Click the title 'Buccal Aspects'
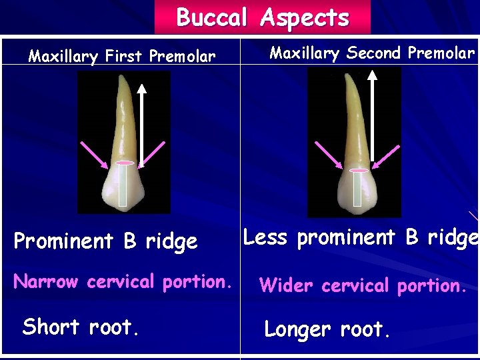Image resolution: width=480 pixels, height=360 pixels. click(262, 17)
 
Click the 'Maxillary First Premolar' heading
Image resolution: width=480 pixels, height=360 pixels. click(122, 57)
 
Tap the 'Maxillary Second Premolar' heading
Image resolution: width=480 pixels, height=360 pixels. click(372, 53)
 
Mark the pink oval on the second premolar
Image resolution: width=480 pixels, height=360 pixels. click(358, 171)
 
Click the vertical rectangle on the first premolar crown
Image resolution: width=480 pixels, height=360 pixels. click(123, 185)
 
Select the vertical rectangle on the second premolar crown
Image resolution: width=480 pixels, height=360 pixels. click(357, 189)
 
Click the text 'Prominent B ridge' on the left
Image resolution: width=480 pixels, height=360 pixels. click(105, 241)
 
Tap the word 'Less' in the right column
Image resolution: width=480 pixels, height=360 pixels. click(264, 237)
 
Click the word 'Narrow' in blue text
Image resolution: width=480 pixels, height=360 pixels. click(45, 281)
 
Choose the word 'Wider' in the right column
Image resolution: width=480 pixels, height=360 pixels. click(287, 285)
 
